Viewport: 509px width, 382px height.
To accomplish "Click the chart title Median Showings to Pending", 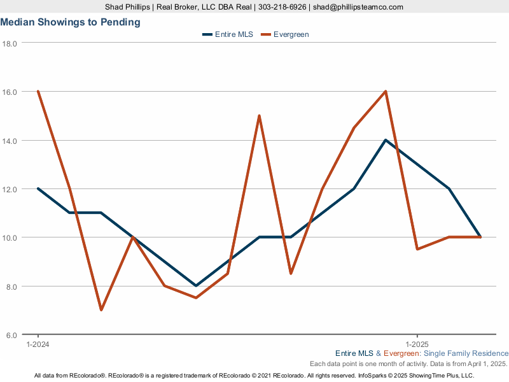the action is tap(71, 22).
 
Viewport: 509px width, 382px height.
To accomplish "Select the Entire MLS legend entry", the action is tap(228, 34).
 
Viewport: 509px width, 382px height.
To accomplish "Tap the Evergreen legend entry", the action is tap(285, 34).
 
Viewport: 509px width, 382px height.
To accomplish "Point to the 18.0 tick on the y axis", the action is tap(10, 43).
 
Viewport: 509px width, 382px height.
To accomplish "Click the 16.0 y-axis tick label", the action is tap(10, 92).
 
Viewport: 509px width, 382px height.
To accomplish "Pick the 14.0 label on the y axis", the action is tap(10, 141).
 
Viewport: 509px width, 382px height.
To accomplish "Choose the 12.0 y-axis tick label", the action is tap(10, 189).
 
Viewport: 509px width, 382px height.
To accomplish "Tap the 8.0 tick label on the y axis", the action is tap(11, 287).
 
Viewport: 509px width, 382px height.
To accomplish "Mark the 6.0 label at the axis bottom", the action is tap(11, 336).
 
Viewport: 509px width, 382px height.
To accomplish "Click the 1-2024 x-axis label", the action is tap(38, 344).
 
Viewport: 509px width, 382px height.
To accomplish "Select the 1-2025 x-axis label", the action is tap(417, 344).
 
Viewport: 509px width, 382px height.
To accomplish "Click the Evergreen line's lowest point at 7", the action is tap(101, 310).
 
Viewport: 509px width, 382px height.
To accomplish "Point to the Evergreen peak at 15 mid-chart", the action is tap(259, 116).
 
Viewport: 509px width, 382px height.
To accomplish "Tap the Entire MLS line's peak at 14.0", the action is tap(386, 140).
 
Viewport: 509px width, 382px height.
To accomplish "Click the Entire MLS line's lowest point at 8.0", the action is tap(196, 286).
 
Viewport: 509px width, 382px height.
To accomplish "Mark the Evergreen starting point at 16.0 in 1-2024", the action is tap(38, 91).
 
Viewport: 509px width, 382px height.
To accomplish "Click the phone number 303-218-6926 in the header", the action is tap(282, 7).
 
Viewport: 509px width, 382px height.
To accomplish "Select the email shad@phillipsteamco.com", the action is tap(358, 7).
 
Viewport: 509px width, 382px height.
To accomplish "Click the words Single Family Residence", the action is tap(466, 353).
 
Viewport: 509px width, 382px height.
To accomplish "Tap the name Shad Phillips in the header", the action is tap(127, 7).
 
